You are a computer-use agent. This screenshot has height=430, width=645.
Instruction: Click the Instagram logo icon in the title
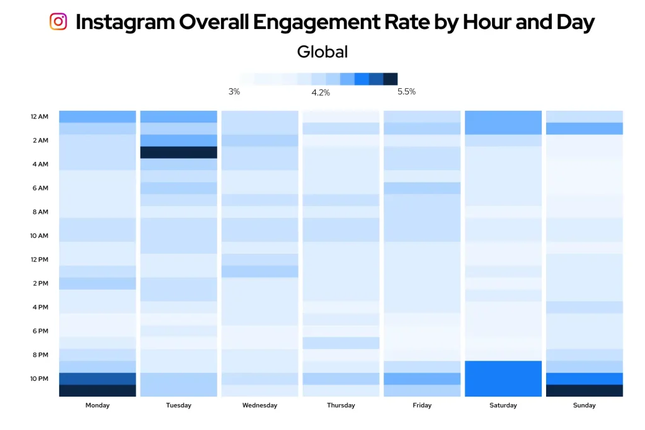58,21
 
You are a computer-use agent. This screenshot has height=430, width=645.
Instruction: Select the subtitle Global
322,52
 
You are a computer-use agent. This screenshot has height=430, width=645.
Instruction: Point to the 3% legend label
234,92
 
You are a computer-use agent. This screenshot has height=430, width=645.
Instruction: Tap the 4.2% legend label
320,93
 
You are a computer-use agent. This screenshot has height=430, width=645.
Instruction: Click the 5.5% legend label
406,92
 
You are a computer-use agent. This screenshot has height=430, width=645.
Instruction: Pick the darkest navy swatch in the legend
391,79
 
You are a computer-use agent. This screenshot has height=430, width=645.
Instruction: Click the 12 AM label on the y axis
39,117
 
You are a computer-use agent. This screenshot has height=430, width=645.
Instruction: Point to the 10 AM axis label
39,236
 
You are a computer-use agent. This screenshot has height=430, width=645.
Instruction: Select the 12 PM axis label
39,260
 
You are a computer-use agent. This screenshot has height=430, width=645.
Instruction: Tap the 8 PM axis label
40,355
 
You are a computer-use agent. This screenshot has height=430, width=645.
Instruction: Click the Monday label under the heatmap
97,405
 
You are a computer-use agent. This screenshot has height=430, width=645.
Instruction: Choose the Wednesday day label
260,405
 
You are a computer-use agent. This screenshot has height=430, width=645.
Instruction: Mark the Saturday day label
503,405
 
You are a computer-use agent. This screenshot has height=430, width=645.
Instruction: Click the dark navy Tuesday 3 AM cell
178,152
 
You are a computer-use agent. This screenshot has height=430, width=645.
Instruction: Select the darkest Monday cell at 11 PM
98,390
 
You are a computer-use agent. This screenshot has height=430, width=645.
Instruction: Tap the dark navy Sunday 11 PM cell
585,390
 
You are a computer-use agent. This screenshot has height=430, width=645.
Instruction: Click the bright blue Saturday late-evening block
503,378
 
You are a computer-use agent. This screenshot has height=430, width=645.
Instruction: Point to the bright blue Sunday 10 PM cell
585,378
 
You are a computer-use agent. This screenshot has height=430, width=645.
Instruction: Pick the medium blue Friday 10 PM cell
422,378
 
